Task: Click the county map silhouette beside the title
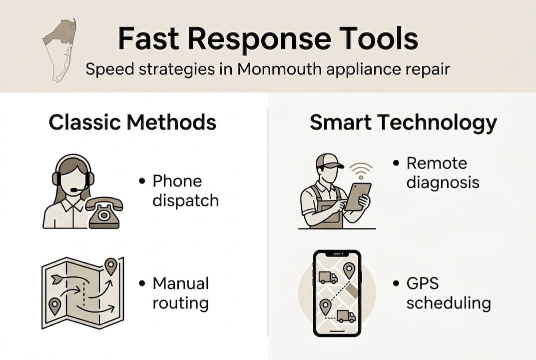coord(59,49)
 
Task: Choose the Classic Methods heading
coord(132,122)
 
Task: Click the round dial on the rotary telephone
coord(104,214)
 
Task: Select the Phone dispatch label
coord(185,190)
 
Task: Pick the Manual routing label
coord(180,293)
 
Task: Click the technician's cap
coord(329,161)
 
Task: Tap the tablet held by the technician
coord(358,196)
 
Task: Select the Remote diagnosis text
coord(442,172)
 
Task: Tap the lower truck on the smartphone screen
coord(346,316)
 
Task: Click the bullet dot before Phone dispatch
coord(142,181)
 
